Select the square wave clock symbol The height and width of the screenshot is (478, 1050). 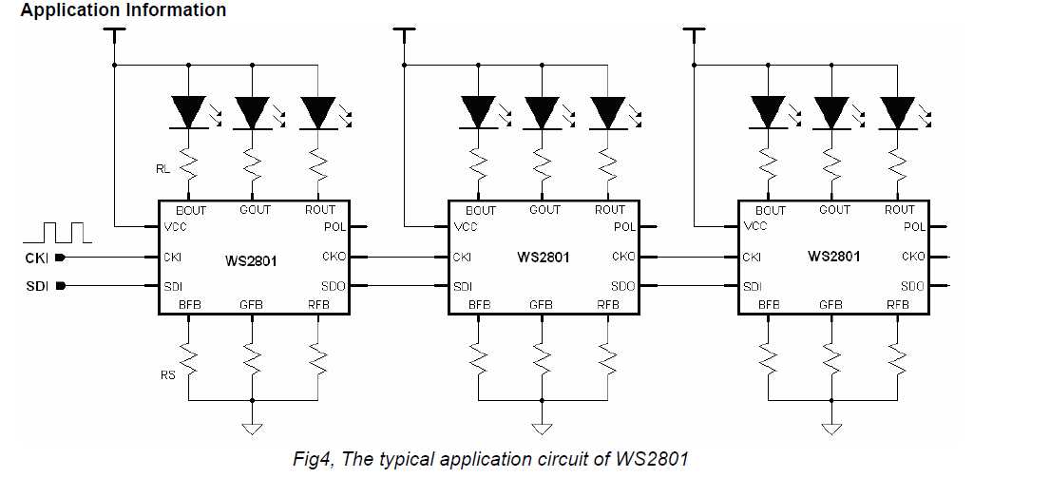(57, 231)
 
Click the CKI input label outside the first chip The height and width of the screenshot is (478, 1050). (35, 258)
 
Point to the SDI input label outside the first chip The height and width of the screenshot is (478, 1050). (35, 286)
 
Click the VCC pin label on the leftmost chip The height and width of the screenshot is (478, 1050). (175, 228)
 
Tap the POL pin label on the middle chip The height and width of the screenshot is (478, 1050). (624, 227)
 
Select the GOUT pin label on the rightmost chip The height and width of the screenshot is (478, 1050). (835, 210)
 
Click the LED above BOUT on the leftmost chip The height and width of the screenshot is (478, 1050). (190, 113)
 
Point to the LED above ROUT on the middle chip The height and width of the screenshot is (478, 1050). (607, 113)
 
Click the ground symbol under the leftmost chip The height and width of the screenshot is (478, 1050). (252, 429)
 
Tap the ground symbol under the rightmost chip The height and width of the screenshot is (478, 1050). (833, 429)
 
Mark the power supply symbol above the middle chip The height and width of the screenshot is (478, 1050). (404, 34)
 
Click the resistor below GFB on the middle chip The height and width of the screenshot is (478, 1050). (543, 356)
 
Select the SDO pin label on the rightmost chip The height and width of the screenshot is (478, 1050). (912, 286)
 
